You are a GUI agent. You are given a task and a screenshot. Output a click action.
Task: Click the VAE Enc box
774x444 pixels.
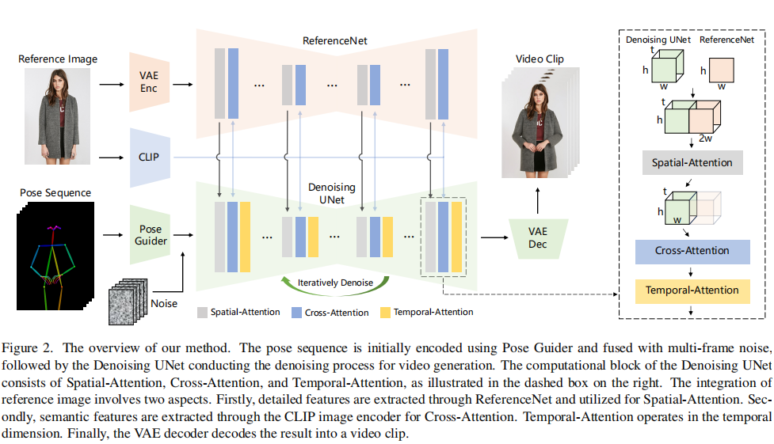pyautogui.click(x=149, y=82)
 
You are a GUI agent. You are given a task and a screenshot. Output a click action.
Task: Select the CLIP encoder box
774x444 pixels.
pyautogui.click(x=149, y=157)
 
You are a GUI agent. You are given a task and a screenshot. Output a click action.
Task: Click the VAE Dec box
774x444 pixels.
pyautogui.click(x=538, y=237)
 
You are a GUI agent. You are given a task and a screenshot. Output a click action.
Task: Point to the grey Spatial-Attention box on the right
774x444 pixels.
pyautogui.click(x=692, y=164)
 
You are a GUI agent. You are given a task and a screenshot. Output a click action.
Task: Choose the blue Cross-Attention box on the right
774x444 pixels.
pyautogui.click(x=692, y=251)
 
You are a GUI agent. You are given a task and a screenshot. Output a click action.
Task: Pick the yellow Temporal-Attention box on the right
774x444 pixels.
pyautogui.click(x=692, y=290)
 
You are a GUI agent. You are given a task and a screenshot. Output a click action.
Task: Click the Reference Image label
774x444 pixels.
pyautogui.click(x=58, y=59)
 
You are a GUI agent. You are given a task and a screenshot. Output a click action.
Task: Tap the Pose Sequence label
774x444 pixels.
pyautogui.click(x=55, y=192)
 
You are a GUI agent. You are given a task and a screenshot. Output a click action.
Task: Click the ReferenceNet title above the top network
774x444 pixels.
pyautogui.click(x=334, y=40)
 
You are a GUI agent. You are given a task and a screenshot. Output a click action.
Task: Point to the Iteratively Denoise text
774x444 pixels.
pyautogui.click(x=335, y=283)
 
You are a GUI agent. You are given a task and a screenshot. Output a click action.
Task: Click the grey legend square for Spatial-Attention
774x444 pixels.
pyautogui.click(x=202, y=312)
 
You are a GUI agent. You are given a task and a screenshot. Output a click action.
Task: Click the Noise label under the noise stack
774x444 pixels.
pyautogui.click(x=164, y=303)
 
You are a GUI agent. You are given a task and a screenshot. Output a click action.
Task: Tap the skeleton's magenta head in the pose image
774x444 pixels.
pyautogui.click(x=55, y=228)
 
